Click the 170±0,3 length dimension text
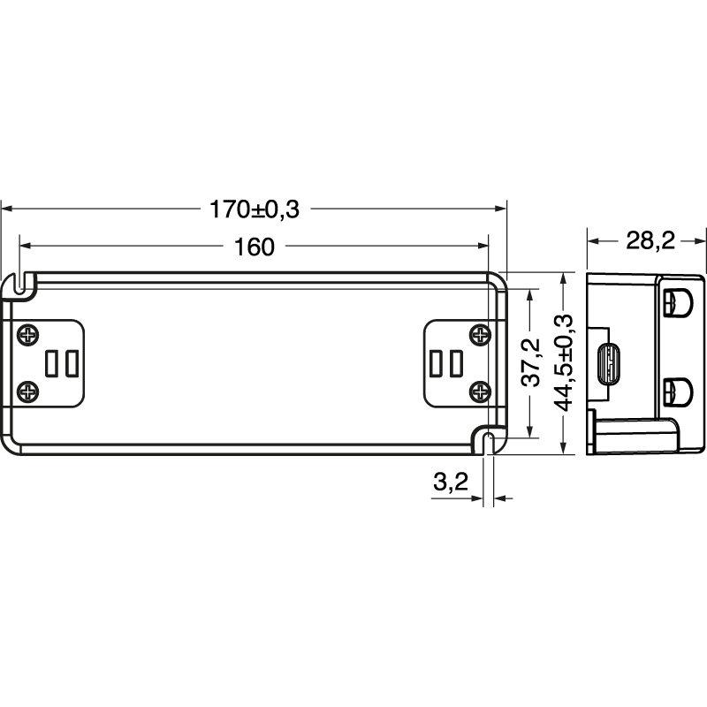255,209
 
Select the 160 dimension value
255,247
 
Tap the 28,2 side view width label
650,239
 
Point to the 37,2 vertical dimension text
530,362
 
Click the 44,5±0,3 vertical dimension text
566,362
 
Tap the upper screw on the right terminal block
480,335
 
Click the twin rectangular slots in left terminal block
61,363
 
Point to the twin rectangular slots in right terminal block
446,363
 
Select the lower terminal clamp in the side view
677,389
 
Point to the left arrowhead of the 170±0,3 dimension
6,209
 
